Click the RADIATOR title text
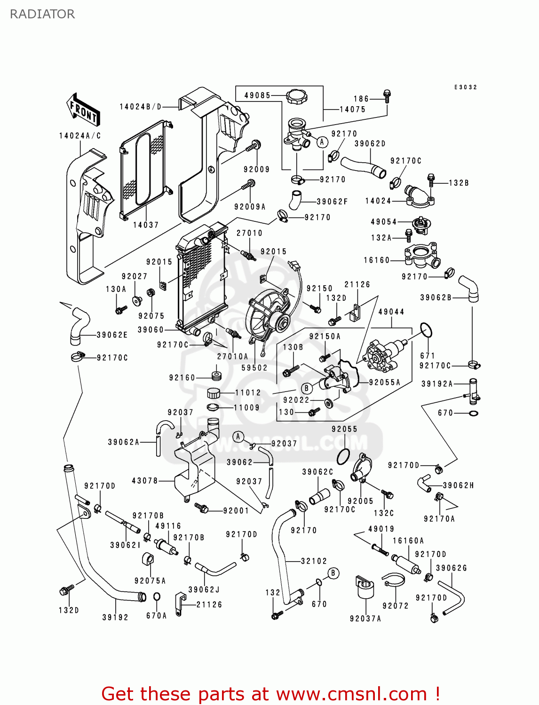point(42,14)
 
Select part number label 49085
point(257,95)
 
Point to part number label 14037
point(146,225)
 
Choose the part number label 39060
point(151,330)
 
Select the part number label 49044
point(391,312)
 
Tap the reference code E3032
point(466,87)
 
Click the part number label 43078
point(145,481)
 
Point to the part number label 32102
point(314,561)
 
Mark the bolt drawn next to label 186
point(387,96)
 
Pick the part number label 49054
point(384,222)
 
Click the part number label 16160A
point(408,541)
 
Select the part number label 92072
point(396,606)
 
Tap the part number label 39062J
point(204,590)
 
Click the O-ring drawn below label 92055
point(343,456)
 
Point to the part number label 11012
point(247,393)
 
